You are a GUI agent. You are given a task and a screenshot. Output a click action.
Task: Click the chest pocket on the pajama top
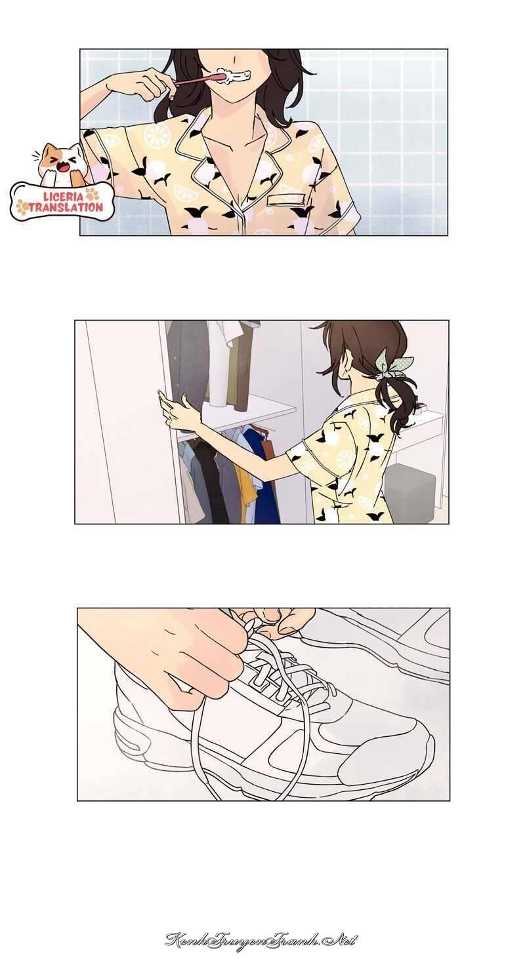point(287,199)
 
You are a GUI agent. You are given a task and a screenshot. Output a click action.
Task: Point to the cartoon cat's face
point(62,162)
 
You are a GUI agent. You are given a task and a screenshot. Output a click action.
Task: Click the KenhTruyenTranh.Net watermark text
point(261,941)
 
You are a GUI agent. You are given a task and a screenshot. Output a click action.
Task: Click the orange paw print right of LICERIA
point(93,195)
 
